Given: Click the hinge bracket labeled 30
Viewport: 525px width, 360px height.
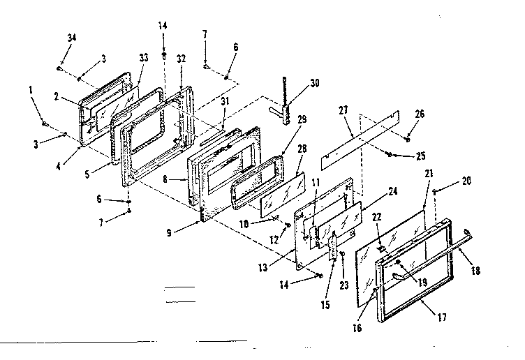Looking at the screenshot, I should [x=287, y=112].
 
